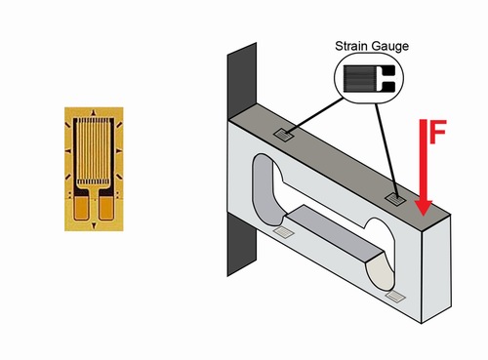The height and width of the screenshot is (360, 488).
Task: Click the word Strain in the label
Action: [352, 46]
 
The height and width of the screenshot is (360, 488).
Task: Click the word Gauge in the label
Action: [390, 47]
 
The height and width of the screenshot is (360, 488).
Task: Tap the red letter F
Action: [438, 132]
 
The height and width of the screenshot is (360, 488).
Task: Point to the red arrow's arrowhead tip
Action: [423, 216]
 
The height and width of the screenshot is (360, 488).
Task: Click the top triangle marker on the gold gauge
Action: [94, 113]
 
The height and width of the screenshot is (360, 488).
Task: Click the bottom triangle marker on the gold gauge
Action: [94, 225]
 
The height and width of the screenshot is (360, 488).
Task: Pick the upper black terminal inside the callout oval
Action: [388, 69]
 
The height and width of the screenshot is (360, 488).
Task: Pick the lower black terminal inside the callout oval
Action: [388, 86]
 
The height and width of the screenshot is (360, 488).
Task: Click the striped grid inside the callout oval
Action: [359, 78]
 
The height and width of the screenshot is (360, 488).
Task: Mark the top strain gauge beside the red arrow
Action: [395, 199]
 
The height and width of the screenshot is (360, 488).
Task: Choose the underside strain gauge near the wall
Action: [283, 232]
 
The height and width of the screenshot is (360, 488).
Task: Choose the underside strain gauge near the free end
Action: [395, 297]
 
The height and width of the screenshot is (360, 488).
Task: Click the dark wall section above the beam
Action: [242, 81]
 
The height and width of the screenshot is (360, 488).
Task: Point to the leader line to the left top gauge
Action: [314, 115]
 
